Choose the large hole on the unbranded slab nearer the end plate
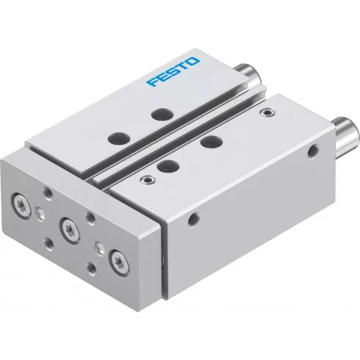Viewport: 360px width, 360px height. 167,166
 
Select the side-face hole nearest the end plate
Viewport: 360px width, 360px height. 194,217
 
